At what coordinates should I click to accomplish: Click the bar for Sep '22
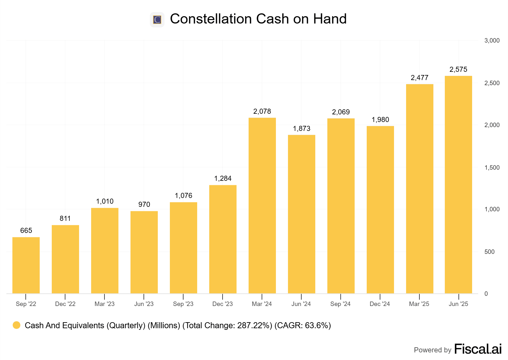pyautogui.click(x=26, y=265)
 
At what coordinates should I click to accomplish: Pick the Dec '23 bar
pyautogui.click(x=223, y=239)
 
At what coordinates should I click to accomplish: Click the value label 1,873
pyautogui.click(x=301, y=128)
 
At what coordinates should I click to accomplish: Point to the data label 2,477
pyautogui.click(x=419, y=78)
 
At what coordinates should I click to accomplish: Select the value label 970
pyautogui.click(x=144, y=204)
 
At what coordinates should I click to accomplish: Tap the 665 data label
pyautogui.click(x=26, y=230)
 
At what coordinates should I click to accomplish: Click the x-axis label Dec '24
pyautogui.click(x=380, y=304)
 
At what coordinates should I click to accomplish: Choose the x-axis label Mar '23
pyautogui.click(x=104, y=304)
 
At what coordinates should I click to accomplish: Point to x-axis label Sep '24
pyautogui.click(x=340, y=304)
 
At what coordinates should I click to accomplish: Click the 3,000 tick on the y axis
pyautogui.click(x=492, y=40)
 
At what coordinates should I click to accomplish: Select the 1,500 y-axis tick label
pyautogui.click(x=492, y=167)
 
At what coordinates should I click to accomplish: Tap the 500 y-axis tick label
pyautogui.click(x=489, y=252)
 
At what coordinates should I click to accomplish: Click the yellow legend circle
pyautogui.click(x=17, y=325)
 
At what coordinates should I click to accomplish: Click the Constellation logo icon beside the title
pyautogui.click(x=157, y=20)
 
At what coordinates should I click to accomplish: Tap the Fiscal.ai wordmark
pyautogui.click(x=478, y=349)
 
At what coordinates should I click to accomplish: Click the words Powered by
pyautogui.click(x=432, y=350)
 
